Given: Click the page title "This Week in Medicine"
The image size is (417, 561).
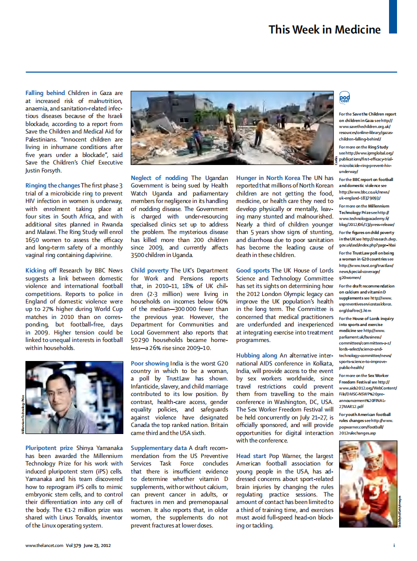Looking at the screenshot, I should [324, 29].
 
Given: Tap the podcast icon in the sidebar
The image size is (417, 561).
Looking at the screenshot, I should [344, 98].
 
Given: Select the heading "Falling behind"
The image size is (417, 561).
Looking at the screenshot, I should [45, 93].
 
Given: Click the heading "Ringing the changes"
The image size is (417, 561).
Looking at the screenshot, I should [52, 185].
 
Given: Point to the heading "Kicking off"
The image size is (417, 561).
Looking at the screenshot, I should [41, 270].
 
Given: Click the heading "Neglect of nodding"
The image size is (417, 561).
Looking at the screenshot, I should [159, 178].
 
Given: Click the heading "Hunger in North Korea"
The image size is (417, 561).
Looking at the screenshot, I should [268, 178].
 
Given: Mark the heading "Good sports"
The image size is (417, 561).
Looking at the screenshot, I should [253, 270].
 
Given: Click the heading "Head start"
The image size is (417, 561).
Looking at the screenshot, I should [250, 456].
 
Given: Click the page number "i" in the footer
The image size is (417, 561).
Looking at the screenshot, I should [394, 545].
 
